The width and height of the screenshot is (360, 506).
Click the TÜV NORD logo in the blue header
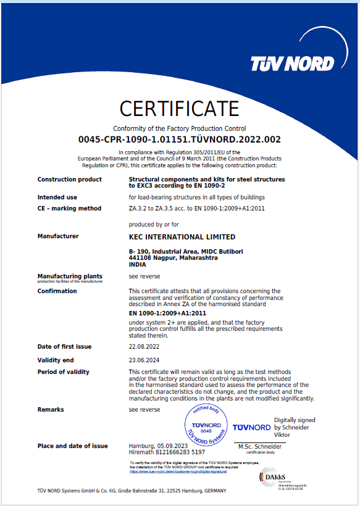click(292, 63)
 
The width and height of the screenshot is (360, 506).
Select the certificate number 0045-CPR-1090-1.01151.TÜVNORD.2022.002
click(180, 139)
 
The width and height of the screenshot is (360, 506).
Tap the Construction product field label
click(70, 180)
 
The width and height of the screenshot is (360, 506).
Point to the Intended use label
click(57, 197)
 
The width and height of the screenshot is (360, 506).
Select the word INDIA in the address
click(138, 263)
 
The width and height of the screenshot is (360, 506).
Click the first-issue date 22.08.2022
click(143, 347)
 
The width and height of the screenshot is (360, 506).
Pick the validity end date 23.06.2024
click(143, 360)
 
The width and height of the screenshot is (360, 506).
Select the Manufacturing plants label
click(70, 276)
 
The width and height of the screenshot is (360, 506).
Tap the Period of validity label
click(64, 372)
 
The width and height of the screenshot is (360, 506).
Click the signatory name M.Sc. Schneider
click(260, 446)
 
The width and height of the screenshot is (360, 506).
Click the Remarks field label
click(51, 410)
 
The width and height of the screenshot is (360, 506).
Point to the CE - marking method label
click(69, 209)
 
